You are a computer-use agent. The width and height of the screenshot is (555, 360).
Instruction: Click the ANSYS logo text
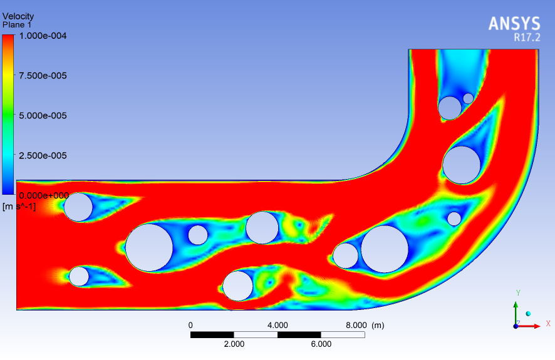[514, 24]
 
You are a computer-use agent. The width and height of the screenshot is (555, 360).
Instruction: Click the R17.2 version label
[526, 38]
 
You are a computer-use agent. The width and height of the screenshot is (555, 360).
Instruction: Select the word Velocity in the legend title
[18, 16]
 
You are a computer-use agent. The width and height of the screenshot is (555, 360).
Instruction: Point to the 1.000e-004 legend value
[43, 36]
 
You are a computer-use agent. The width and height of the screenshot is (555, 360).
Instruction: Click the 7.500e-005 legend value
[43, 76]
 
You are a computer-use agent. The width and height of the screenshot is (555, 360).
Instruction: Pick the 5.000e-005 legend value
[43, 116]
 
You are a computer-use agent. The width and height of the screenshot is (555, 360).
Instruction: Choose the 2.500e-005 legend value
[43, 155]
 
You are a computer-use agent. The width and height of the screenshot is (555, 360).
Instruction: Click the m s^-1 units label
[19, 206]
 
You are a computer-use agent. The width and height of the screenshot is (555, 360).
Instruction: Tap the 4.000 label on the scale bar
[277, 325]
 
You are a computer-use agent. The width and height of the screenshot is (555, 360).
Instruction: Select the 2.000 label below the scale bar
[234, 344]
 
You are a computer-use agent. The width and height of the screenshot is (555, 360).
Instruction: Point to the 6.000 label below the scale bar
[321, 344]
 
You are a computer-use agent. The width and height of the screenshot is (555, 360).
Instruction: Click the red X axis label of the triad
[548, 324]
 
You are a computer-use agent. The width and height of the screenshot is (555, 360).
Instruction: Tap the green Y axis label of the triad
[518, 293]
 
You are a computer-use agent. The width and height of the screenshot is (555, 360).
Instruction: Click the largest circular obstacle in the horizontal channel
[149, 247]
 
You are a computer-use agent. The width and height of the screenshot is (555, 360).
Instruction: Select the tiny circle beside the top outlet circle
[468, 98]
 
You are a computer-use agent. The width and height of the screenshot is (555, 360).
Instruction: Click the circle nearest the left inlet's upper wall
[78, 207]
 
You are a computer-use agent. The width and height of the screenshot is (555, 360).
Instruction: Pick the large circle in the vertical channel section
[462, 165]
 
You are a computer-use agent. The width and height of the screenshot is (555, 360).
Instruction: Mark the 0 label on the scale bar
[190, 325]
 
